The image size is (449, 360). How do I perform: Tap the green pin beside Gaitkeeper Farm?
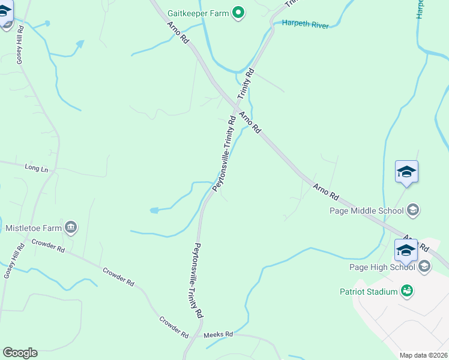(238, 13)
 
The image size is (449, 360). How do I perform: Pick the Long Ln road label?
(36, 169)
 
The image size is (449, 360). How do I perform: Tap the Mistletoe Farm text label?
(34, 228)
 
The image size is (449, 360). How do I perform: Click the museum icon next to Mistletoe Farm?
(71, 227)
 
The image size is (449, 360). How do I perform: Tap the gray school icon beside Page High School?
(424, 266)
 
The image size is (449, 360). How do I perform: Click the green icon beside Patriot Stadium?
(407, 291)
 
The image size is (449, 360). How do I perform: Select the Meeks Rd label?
(213, 334)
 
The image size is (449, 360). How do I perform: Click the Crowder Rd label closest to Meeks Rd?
(175, 325)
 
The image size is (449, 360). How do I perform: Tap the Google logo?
(20, 353)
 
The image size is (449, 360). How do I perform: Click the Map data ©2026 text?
(423, 355)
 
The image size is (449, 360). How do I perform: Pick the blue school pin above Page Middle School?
(406, 172)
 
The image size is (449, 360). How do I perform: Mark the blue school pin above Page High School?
(406, 250)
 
